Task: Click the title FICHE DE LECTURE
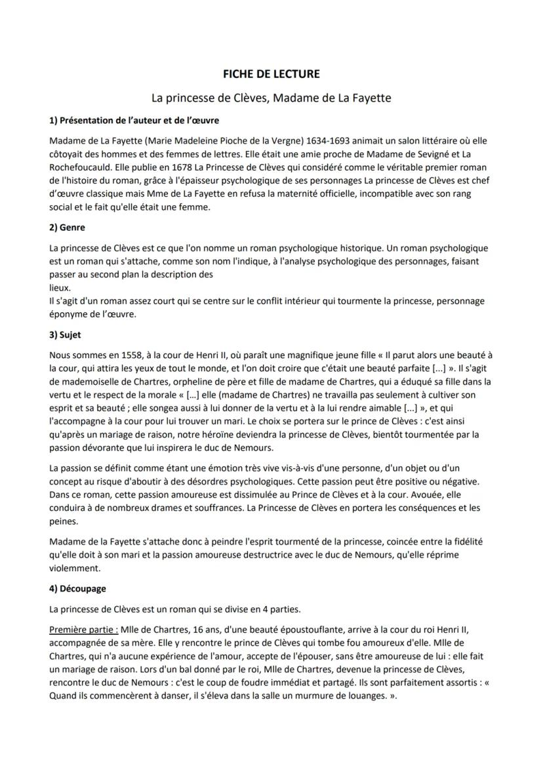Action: pos(271,74)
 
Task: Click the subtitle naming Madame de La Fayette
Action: pos(271,98)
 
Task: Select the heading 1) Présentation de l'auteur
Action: pos(134,120)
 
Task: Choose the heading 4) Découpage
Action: pos(77,588)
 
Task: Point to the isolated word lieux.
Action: pos(60,287)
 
